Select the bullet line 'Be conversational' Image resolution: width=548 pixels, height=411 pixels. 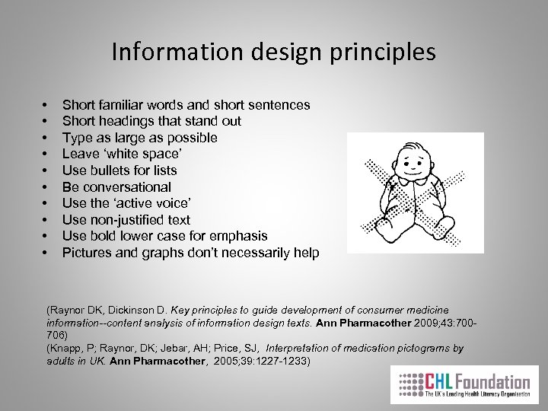click(x=116, y=186)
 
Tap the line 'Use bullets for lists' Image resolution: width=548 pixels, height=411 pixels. click(x=119, y=170)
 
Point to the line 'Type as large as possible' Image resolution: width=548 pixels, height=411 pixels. click(x=139, y=137)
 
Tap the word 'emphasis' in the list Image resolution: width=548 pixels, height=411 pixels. click(x=241, y=236)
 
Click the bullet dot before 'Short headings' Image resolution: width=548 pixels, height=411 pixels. click(x=46, y=121)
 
